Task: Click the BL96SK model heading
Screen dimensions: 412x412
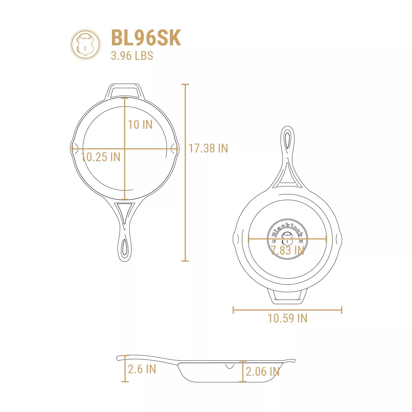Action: tap(146, 38)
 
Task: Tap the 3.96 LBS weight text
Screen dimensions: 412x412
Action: tap(132, 56)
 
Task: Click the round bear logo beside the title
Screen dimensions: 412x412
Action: tap(85, 44)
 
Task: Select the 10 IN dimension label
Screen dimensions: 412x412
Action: tap(140, 125)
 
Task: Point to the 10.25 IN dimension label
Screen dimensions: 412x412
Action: tap(101, 157)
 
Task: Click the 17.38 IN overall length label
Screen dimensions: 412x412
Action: tap(208, 148)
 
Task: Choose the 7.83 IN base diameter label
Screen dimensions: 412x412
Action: tap(287, 250)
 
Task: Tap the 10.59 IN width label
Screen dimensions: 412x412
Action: tap(287, 318)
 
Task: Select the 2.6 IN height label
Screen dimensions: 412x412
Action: tap(142, 369)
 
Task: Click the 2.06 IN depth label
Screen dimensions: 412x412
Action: tap(263, 372)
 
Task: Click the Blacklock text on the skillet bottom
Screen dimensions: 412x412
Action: tap(287, 229)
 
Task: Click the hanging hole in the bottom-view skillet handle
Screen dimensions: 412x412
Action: tap(287, 140)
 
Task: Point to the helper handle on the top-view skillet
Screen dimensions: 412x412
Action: tap(125, 91)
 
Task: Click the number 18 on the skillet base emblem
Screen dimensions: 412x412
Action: tap(274, 241)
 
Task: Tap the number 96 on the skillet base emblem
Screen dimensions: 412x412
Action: tap(301, 241)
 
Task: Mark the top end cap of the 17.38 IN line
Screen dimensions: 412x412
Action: tap(185, 84)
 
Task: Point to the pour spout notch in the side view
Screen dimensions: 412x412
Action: tap(229, 366)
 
